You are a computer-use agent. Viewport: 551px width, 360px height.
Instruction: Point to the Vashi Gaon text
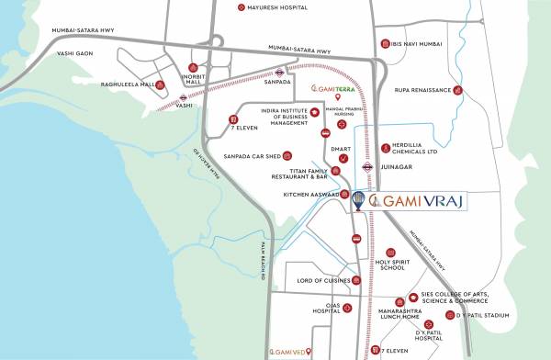click(x=51, y=53)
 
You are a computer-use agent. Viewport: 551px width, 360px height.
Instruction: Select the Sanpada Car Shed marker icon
click(x=287, y=155)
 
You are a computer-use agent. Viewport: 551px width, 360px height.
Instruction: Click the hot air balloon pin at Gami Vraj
click(x=358, y=199)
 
